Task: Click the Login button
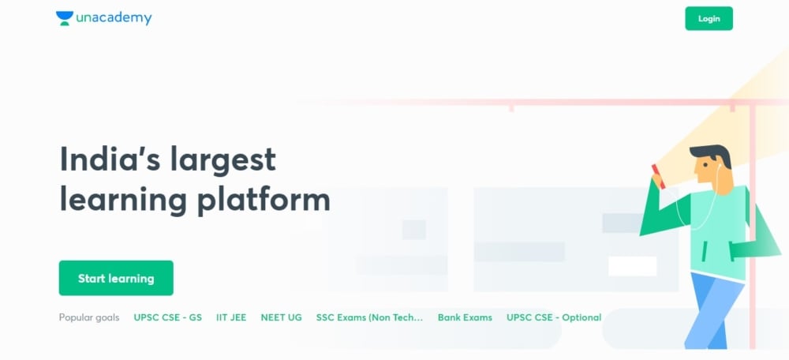(709, 18)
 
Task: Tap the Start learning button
(116, 278)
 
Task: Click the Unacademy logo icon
(64, 18)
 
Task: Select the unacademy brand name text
(114, 18)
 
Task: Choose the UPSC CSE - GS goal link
(167, 317)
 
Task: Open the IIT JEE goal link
(231, 317)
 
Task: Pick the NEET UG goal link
(281, 317)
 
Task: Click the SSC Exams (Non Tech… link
(369, 317)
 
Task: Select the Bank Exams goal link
(465, 317)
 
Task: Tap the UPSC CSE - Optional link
(554, 317)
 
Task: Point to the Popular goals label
(89, 317)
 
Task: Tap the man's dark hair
(712, 155)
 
